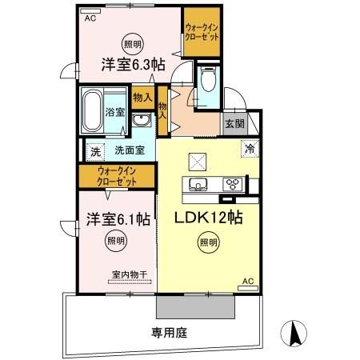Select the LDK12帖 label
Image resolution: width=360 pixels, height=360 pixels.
[205, 218]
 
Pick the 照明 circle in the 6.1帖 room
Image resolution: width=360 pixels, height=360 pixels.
[116, 240]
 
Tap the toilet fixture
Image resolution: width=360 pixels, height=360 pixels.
[209, 82]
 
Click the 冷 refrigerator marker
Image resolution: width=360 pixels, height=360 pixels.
[250, 147]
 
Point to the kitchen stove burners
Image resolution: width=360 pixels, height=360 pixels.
[234, 184]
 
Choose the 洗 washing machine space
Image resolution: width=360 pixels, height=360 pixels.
[94, 150]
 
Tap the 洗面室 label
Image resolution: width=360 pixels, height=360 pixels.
[128, 150]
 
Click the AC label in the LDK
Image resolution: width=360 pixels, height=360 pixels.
[250, 281]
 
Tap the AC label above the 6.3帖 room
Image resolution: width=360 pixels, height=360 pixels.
[90, 17]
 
